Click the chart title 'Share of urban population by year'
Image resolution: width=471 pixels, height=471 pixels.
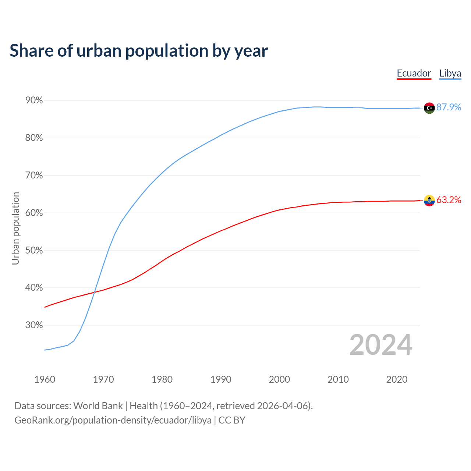click(x=139, y=51)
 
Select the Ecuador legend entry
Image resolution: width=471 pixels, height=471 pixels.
click(x=414, y=73)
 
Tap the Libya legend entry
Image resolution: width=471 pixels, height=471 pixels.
click(x=450, y=73)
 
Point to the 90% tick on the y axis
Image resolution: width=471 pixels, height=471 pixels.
click(x=34, y=100)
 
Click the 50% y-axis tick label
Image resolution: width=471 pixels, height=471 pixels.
click(x=34, y=251)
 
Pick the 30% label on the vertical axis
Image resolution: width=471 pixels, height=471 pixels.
click(x=34, y=325)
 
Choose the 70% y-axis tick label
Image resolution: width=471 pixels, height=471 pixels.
click(x=34, y=176)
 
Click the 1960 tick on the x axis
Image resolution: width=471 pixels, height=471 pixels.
click(x=45, y=379)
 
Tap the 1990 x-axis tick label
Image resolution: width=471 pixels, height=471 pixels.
click(x=221, y=379)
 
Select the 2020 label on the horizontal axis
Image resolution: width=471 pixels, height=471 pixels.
click(x=397, y=379)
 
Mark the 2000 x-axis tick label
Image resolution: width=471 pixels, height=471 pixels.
click(x=279, y=379)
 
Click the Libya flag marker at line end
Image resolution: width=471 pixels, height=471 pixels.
click(x=429, y=108)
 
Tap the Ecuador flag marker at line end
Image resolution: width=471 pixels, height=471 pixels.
click(x=429, y=201)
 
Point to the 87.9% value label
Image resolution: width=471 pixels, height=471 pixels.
click(x=449, y=107)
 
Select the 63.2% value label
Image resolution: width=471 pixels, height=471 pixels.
click(x=449, y=200)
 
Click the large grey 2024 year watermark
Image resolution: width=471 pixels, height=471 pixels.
click(x=381, y=345)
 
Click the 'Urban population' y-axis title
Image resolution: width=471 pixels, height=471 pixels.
click(x=15, y=228)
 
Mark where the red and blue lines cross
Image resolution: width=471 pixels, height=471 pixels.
click(x=95, y=292)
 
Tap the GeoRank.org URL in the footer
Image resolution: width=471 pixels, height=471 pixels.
click(x=113, y=420)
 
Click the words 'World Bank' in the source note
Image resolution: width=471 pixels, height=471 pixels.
click(x=98, y=406)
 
